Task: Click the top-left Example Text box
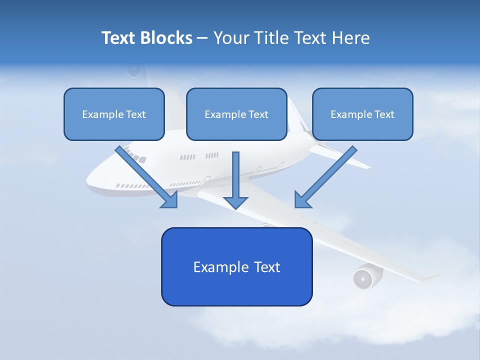[x=114, y=114]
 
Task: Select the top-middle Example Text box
[x=236, y=114]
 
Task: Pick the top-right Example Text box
[x=362, y=114]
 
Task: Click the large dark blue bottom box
[x=236, y=266]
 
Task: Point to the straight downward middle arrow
[x=235, y=175]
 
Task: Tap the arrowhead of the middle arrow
[x=235, y=202]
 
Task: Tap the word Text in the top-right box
[x=384, y=114]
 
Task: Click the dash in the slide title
[x=202, y=38]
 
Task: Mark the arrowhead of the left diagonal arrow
[x=170, y=200]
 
